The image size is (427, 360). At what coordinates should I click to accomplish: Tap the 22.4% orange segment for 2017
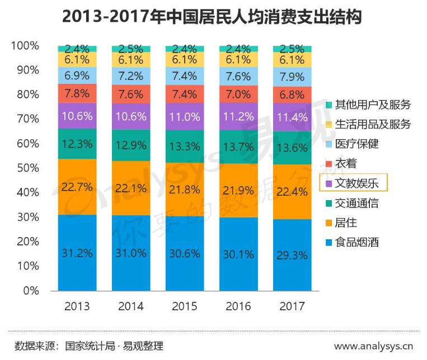(x=292, y=192)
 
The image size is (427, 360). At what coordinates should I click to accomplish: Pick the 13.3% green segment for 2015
(x=185, y=146)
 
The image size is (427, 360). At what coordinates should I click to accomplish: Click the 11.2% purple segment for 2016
(x=238, y=116)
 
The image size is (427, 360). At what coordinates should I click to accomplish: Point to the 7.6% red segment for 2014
(x=131, y=94)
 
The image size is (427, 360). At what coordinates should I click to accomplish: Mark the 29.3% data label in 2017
(x=292, y=255)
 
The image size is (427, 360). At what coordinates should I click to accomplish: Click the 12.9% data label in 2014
(x=131, y=145)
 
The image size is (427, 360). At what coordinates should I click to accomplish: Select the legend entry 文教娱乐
(x=356, y=183)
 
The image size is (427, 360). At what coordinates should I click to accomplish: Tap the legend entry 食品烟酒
(x=356, y=243)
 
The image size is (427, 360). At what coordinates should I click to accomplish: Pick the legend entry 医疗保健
(x=356, y=144)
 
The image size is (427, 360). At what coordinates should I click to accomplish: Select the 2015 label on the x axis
(x=185, y=306)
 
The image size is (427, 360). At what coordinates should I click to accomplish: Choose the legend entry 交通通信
(x=356, y=203)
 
